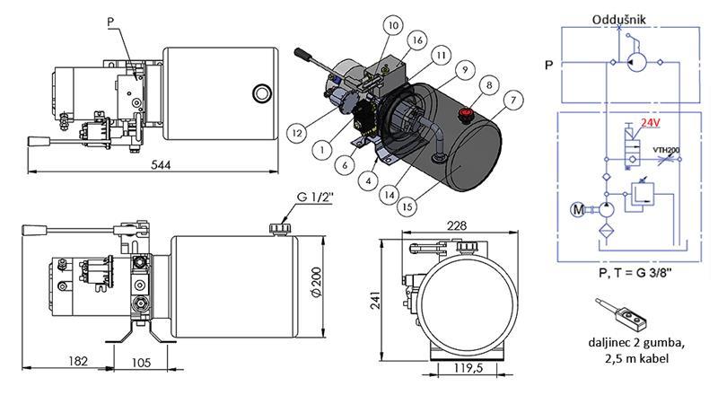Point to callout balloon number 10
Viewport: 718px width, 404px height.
tap(392, 25)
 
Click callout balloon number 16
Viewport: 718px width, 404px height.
tap(417, 40)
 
